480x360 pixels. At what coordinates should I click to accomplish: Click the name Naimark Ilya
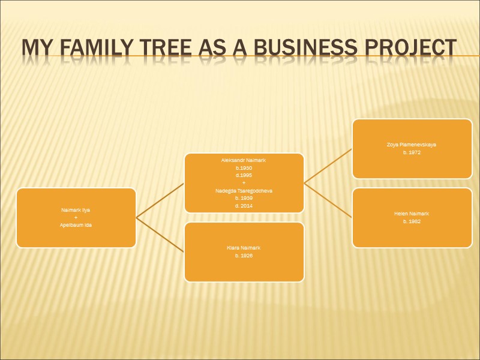(76, 210)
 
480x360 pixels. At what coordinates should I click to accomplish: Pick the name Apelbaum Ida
(76, 224)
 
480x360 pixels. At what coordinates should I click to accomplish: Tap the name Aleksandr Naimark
(244, 161)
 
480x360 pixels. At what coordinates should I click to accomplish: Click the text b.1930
(244, 168)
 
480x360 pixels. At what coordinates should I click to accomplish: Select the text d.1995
(244, 175)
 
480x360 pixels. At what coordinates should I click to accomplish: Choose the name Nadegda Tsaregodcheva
(244, 190)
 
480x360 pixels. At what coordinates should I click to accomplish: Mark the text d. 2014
(244, 205)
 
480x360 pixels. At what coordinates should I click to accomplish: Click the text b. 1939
(244, 197)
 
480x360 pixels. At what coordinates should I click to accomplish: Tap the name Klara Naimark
(244, 248)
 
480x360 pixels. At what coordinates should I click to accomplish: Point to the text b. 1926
(244, 256)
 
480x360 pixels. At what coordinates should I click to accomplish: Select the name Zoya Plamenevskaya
(412, 145)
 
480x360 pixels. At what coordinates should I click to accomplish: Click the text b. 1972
(412, 152)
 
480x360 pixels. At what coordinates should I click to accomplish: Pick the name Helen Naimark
(412, 214)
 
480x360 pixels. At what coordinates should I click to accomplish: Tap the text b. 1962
(412, 221)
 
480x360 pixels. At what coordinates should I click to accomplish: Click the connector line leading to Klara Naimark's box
(160, 235)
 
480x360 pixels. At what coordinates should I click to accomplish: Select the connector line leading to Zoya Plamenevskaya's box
(328, 166)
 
